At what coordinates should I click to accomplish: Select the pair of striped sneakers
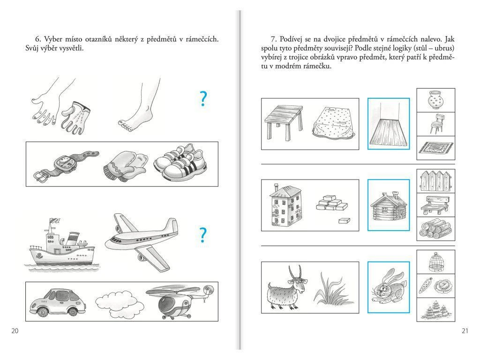pyautogui.click(x=180, y=162)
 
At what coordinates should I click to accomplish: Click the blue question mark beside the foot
pyautogui.click(x=203, y=99)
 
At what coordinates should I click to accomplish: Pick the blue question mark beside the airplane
pyautogui.click(x=203, y=235)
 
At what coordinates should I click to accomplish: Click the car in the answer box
pyautogui.click(x=58, y=302)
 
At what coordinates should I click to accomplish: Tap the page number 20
pyautogui.click(x=15, y=331)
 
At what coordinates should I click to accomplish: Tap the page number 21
pyautogui.click(x=465, y=331)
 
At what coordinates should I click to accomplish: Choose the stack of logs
pyautogui.click(x=435, y=229)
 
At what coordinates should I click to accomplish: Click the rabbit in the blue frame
pyautogui.click(x=389, y=286)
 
